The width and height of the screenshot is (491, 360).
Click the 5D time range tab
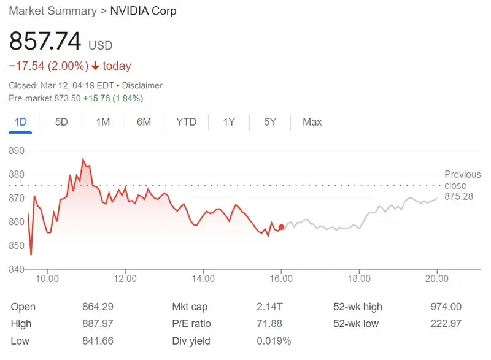(x=61, y=122)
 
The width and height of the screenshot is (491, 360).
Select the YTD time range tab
(x=186, y=122)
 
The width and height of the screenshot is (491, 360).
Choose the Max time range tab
(x=312, y=122)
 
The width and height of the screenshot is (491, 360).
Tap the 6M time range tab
(x=144, y=122)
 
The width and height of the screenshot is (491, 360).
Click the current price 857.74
(x=45, y=41)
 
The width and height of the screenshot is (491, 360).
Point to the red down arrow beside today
(x=95, y=66)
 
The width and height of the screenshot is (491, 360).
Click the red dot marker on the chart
(x=281, y=228)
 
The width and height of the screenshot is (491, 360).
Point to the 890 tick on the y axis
(x=17, y=151)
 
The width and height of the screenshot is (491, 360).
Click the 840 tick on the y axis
(x=17, y=269)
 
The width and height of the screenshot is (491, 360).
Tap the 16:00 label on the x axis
(x=281, y=279)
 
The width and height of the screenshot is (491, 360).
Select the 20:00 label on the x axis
(x=436, y=279)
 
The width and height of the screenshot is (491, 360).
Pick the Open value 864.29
(x=98, y=307)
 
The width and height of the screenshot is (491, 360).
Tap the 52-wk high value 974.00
(x=446, y=307)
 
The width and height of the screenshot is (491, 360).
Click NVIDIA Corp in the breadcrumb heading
(x=143, y=11)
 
